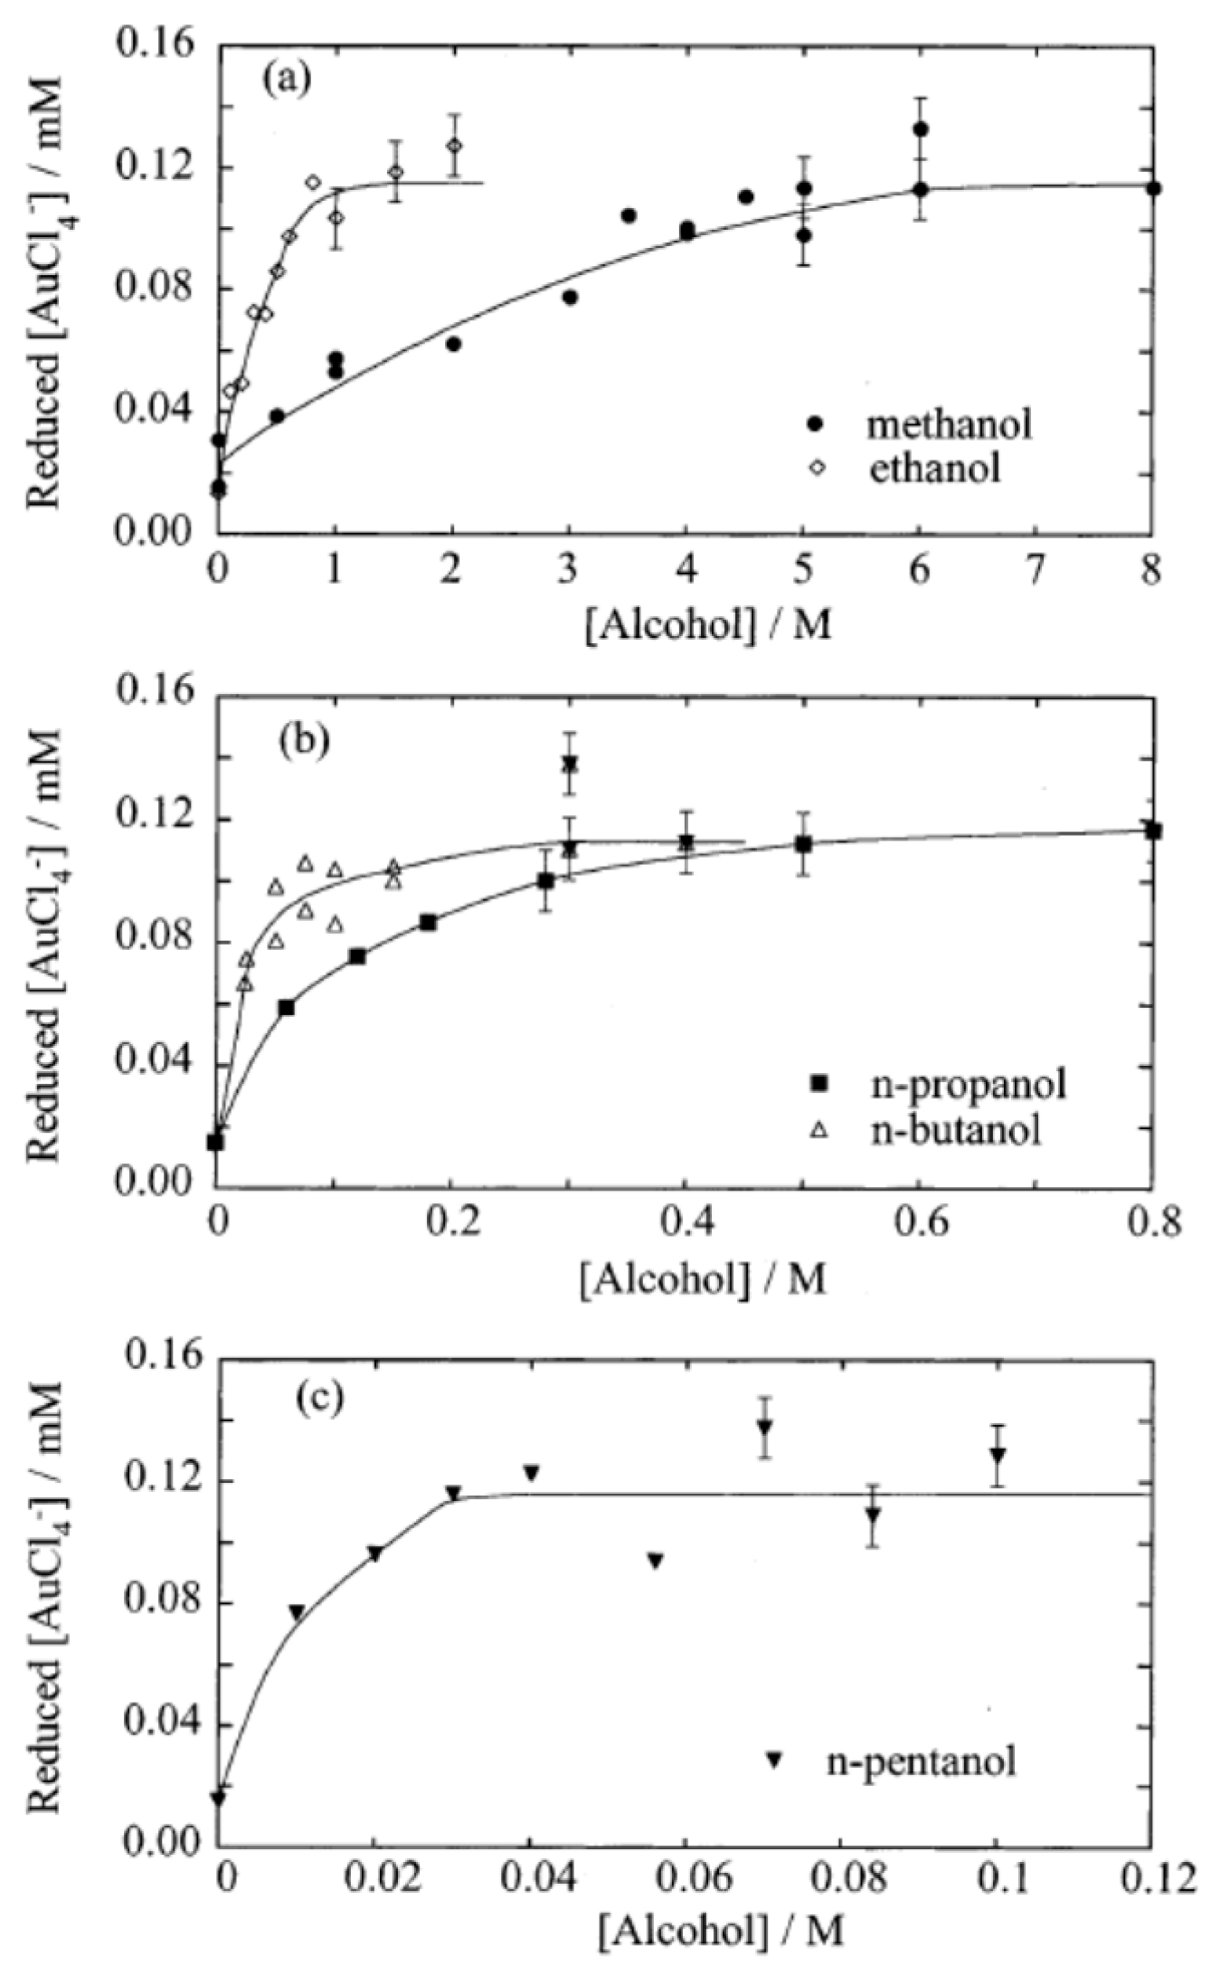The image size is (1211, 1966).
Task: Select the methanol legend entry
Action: [913, 424]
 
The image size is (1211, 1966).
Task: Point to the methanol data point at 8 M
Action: [1152, 188]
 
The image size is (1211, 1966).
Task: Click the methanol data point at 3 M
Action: [570, 297]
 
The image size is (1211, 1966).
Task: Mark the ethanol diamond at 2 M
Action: [454, 146]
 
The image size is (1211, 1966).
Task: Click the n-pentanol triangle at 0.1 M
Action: [998, 1455]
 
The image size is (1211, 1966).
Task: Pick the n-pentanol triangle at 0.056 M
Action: [656, 1534]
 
